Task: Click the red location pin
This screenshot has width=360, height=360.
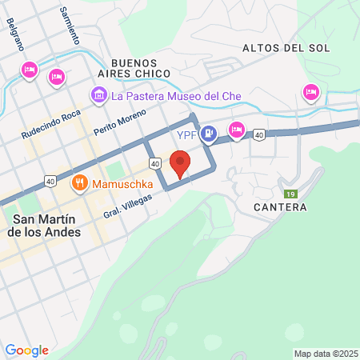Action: click(181, 162)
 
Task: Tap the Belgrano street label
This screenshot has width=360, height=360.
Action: click(17, 36)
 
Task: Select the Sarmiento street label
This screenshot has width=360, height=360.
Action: click(70, 26)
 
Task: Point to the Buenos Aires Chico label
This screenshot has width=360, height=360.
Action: click(141, 68)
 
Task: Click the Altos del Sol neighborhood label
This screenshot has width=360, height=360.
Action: click(286, 48)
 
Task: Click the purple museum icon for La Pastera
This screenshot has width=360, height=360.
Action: click(99, 96)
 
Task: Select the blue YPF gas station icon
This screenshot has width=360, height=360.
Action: click(208, 133)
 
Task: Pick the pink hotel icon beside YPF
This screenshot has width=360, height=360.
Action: click(237, 129)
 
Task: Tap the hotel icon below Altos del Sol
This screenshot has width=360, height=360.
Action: click(310, 93)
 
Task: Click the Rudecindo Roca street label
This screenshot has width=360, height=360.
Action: click(51, 124)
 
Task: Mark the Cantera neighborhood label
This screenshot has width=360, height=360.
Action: click(279, 207)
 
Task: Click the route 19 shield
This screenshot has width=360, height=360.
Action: click(292, 194)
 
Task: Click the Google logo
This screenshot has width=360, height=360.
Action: click(26, 350)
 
